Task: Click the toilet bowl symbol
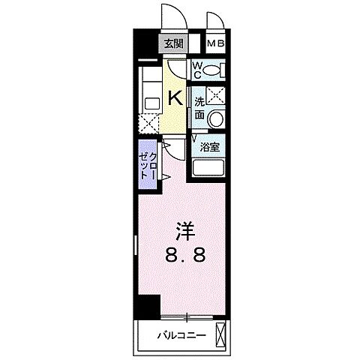pos(214,70)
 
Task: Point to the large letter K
pos(174,97)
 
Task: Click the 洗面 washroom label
pos(200,109)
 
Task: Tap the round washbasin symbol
pos(215,118)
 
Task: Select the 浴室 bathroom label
pos(211,148)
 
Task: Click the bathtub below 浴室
pos(210,168)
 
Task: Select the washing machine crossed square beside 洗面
pos(215,95)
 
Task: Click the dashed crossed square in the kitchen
pos(148,124)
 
